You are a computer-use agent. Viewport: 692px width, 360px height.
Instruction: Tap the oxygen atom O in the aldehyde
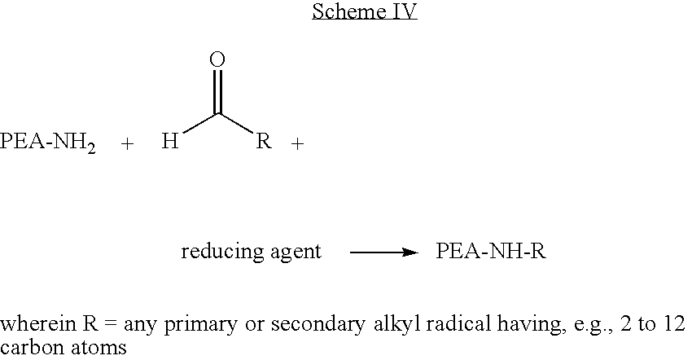217,59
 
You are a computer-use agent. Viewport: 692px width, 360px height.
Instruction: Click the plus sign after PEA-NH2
127,144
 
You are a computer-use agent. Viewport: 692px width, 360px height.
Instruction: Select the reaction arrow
383,252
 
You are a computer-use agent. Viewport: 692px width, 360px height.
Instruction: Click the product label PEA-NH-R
490,252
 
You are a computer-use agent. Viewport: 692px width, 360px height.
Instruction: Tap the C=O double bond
217,91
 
